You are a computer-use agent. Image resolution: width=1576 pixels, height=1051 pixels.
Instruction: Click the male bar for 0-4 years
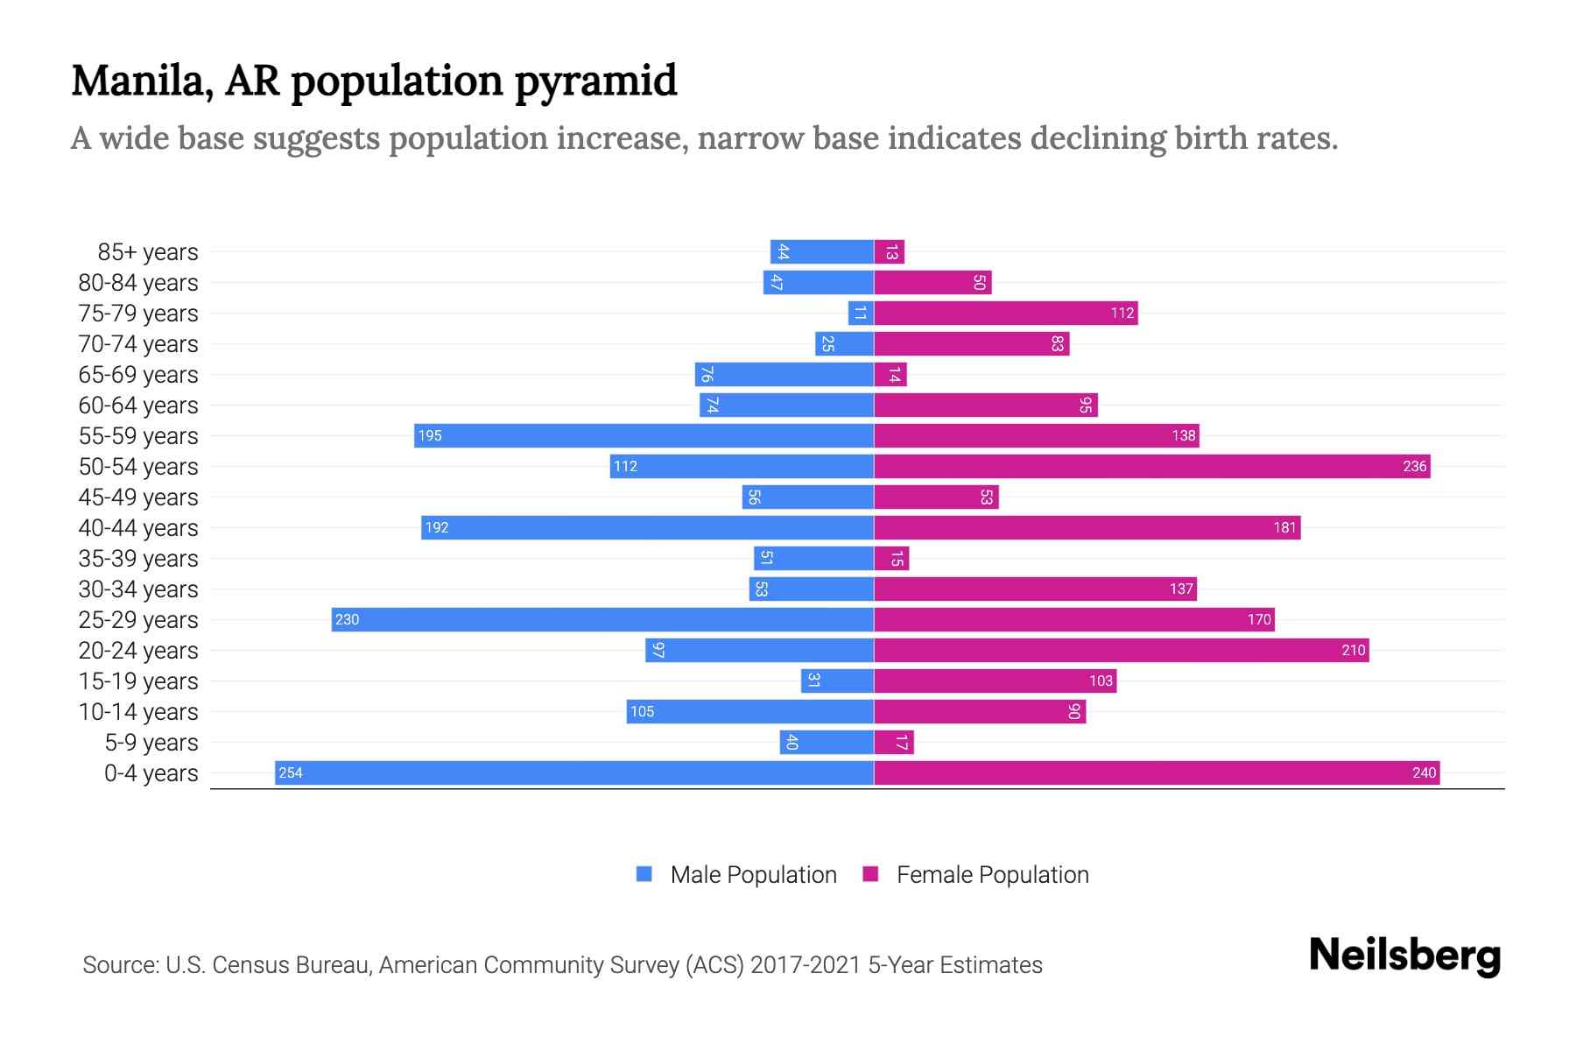pos(574,772)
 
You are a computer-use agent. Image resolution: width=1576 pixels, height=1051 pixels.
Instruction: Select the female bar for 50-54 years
pos(1152,466)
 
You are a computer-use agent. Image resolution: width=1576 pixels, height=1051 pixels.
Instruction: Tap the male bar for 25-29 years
pos(602,619)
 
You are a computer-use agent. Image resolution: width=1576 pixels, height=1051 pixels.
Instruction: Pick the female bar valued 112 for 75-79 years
pos(1006,313)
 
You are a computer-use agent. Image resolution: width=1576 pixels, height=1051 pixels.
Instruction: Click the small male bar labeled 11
pos(861,313)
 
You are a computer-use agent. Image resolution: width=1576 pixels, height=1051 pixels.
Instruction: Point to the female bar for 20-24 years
pos(1122,650)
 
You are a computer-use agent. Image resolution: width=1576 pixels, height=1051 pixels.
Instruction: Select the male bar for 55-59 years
pos(644,435)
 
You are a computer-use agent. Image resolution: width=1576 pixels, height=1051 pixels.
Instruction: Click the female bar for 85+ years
pos(890,252)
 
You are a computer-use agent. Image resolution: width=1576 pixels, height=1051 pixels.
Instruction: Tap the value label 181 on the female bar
pos(1284,527)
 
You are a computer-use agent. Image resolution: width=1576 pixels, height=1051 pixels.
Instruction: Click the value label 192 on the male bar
pos(436,527)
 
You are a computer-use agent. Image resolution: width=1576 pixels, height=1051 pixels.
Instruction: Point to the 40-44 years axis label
pos(138,528)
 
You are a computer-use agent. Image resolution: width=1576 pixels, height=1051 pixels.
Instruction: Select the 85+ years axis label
pos(148,252)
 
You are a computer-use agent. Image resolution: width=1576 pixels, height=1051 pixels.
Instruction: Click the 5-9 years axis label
pos(151,743)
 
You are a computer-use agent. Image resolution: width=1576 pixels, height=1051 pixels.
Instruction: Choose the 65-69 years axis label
pos(138,375)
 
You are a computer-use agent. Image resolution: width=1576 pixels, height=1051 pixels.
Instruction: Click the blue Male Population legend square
pos(644,874)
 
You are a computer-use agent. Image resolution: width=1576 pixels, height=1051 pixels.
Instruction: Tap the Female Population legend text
pos(992,874)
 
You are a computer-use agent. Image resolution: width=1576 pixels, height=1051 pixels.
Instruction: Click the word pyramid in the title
pos(595,81)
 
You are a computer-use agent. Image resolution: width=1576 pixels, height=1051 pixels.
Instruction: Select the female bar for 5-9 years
pos(894,742)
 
